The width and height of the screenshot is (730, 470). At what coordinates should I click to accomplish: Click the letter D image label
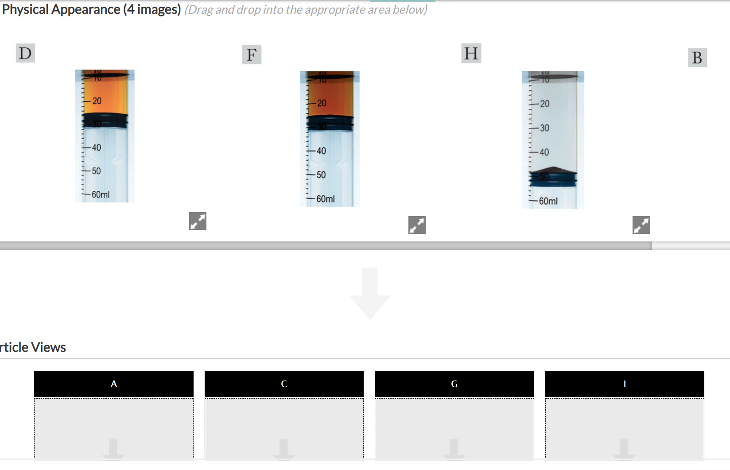coord(25,53)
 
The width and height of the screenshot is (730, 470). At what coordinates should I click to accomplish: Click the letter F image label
coord(252,54)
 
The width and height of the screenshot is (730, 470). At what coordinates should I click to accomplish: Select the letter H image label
coord(471,53)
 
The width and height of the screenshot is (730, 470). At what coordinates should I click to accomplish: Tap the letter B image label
coord(697,58)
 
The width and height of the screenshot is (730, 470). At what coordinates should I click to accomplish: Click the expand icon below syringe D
coord(198,221)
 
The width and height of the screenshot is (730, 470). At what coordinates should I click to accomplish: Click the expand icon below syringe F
coord(417,225)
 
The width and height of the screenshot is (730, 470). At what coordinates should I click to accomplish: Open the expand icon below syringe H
coord(641,225)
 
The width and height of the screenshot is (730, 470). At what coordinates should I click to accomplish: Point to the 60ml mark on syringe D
coord(100,194)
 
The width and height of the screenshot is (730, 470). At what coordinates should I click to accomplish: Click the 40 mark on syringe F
coord(321,151)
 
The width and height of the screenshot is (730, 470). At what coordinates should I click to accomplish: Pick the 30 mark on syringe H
coord(544,128)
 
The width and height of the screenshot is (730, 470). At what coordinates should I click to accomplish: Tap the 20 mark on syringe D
coord(97,101)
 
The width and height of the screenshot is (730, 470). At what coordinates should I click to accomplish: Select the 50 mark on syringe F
coord(321,175)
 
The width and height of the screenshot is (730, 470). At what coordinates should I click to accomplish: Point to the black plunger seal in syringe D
coord(105,120)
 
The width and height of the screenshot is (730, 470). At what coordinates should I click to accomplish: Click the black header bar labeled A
coord(114,384)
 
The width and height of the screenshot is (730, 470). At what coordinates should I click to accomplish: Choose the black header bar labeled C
coord(284,384)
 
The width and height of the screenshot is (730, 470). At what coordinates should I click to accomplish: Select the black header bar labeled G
coord(454,384)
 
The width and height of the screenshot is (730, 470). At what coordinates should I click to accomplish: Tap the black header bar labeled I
coord(625,384)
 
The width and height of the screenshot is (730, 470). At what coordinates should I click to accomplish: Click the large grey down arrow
coord(370,293)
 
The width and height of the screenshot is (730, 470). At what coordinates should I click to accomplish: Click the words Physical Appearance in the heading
coord(61,9)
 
